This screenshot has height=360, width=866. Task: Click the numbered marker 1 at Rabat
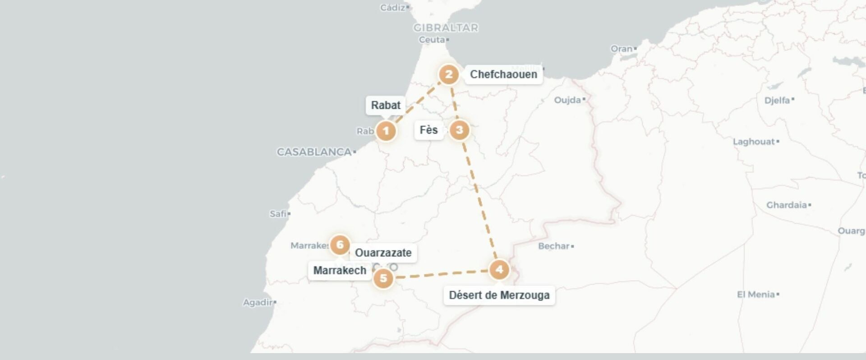[386, 131]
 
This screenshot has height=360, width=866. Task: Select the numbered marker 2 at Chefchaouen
[448, 74]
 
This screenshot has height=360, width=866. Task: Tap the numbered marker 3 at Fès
[459, 130]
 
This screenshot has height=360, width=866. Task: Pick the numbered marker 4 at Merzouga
[499, 270]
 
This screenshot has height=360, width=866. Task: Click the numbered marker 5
[383, 278]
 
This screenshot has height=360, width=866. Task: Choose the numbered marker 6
[340, 245]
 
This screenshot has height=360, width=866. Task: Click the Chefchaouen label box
[503, 74]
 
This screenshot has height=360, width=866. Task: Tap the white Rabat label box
[386, 105]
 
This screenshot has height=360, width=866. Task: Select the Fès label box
[428, 130]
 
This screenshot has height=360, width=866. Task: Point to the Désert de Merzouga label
[499, 295]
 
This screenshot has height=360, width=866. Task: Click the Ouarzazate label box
[383, 253]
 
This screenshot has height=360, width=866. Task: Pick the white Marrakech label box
[340, 270]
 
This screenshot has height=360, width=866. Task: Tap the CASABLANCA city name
[314, 152]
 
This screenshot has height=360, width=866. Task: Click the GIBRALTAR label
[446, 28]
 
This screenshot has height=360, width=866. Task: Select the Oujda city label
[567, 100]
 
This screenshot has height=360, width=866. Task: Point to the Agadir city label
[258, 302]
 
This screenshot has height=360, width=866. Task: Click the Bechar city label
[554, 246]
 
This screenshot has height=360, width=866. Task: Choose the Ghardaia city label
[786, 205]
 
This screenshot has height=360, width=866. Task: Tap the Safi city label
[278, 214]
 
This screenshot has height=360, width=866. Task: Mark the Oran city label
[622, 49]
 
